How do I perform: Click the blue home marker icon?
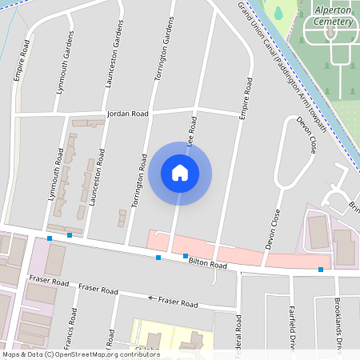(180, 173)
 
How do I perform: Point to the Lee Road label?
(190, 130)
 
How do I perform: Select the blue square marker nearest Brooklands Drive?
(321, 270)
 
